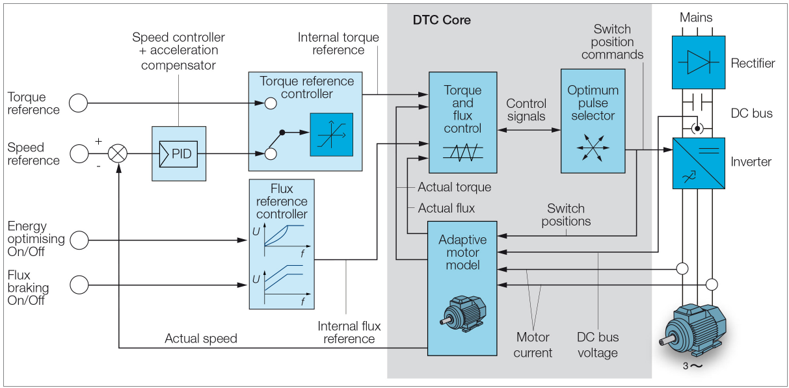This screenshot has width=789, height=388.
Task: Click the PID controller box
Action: point(178,154)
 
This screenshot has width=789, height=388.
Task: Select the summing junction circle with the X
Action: point(118,154)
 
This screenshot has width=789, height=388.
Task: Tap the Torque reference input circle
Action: point(79,103)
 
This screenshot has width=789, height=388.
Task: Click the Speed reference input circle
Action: point(79,154)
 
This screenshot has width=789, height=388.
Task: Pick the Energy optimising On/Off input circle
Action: point(79,240)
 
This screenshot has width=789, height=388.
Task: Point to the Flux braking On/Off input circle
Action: point(79,284)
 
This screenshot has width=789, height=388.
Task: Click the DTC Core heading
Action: point(442,20)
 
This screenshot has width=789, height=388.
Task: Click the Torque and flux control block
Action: point(462,122)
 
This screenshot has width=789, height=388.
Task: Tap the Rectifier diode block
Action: point(698,63)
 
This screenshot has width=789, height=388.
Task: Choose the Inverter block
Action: point(698,162)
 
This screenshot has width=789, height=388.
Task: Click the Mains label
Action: point(696,18)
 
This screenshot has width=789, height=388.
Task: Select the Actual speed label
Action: point(200,339)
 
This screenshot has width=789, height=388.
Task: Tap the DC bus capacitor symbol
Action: point(698,102)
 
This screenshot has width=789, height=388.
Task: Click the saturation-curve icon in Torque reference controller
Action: point(331,135)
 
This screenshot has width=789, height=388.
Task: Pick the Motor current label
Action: point(533,345)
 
